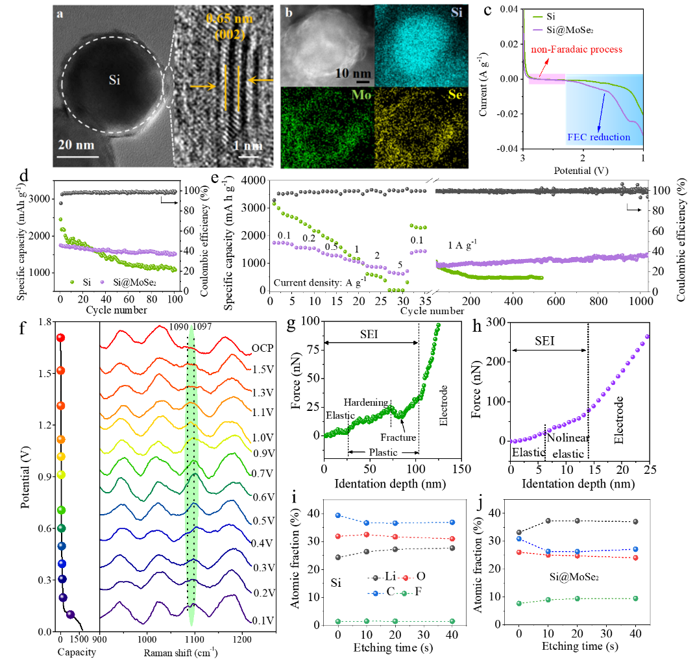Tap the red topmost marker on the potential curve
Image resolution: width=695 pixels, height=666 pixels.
coord(60,338)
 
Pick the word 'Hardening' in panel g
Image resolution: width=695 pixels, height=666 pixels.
coord(366,402)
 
